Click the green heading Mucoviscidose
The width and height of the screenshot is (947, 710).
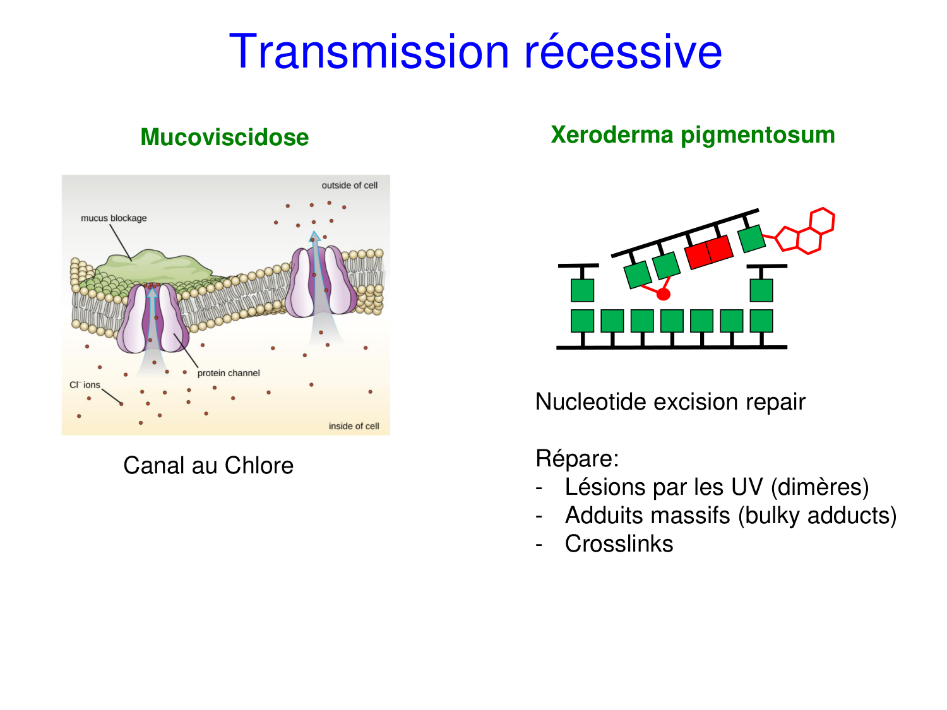coord(224,138)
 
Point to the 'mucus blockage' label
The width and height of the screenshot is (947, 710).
coord(114,218)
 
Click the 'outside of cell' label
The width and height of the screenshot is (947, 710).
coord(349,186)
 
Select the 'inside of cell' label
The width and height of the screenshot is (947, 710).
coord(354,427)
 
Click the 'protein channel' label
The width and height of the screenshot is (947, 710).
coord(229,374)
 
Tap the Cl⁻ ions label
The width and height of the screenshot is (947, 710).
coord(85,385)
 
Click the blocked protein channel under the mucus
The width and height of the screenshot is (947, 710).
coord(153,319)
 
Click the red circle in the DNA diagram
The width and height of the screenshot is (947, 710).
coord(663,294)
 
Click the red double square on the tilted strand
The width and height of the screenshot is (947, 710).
coord(709,251)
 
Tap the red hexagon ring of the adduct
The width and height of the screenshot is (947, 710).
coord(821,222)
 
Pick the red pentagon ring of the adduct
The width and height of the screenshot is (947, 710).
coord(788,239)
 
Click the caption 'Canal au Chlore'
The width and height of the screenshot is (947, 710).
coord(208,466)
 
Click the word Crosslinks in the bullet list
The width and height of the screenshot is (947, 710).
coord(619,544)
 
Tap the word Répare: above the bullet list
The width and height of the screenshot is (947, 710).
coord(577,459)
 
